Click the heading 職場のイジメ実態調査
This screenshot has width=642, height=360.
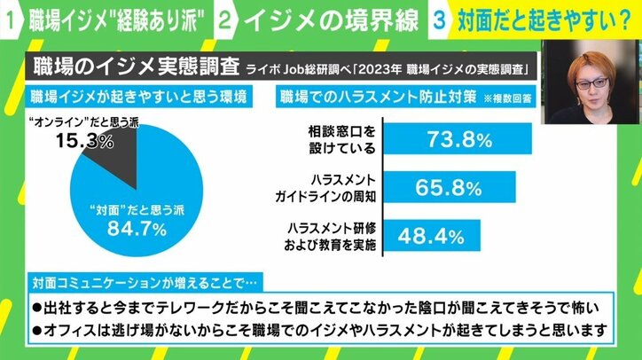tap(123, 68)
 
